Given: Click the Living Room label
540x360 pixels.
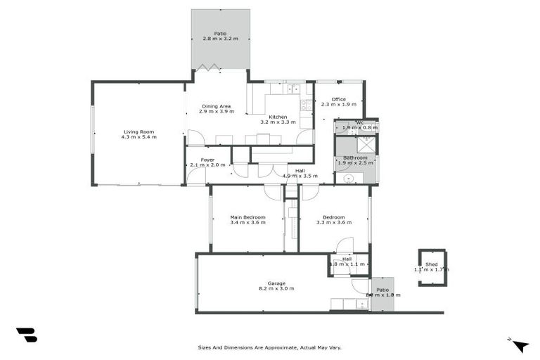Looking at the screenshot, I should pyautogui.click(x=139, y=131).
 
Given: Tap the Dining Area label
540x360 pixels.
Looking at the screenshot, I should pyautogui.click(x=216, y=106).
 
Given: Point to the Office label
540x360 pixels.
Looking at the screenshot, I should pyautogui.click(x=338, y=99).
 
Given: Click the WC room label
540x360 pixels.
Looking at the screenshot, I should pyautogui.click(x=359, y=123).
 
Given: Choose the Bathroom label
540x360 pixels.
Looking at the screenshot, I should pyautogui.click(x=355, y=157).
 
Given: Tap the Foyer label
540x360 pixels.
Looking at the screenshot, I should pyautogui.click(x=207, y=160).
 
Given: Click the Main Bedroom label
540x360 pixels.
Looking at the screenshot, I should pyautogui.click(x=247, y=217).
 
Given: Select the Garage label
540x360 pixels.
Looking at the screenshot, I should pyautogui.click(x=276, y=283).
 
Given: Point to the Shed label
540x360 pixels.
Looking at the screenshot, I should pyautogui.click(x=431, y=264).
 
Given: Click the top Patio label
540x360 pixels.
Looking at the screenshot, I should pyautogui.click(x=221, y=33).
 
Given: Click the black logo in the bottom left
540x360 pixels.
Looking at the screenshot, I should pyautogui.click(x=27, y=335).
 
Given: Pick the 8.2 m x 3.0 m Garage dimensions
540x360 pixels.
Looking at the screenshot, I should pyautogui.click(x=276, y=288).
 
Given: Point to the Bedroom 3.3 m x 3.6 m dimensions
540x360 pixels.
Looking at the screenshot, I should pyautogui.click(x=334, y=222).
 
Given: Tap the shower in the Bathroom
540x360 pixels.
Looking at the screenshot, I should pyautogui.click(x=366, y=144).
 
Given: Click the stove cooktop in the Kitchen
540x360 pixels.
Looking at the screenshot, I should pyautogui.click(x=306, y=106).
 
